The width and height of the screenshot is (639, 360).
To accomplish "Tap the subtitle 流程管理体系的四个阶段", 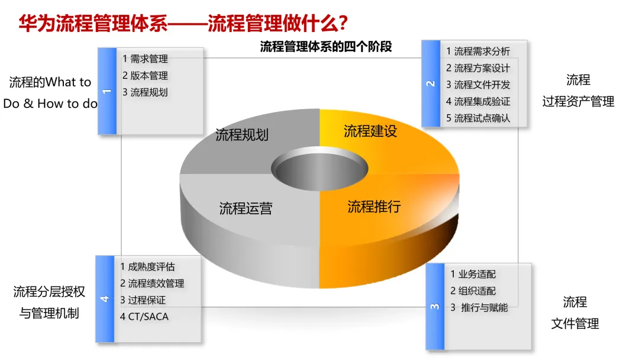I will (326, 47).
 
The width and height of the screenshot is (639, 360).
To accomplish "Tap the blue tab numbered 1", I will (107, 91).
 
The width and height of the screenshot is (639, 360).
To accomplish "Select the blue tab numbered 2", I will (431, 83).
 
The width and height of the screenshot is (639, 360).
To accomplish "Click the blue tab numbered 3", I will (435, 306).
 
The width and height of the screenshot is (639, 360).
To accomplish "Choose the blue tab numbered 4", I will (105, 299).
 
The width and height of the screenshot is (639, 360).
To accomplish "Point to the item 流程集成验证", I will (478, 101).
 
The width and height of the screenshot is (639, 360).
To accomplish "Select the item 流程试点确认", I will (478, 118).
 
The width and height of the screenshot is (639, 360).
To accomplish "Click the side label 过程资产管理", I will (578, 102).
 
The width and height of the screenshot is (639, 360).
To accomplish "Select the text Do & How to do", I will (50, 104).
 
